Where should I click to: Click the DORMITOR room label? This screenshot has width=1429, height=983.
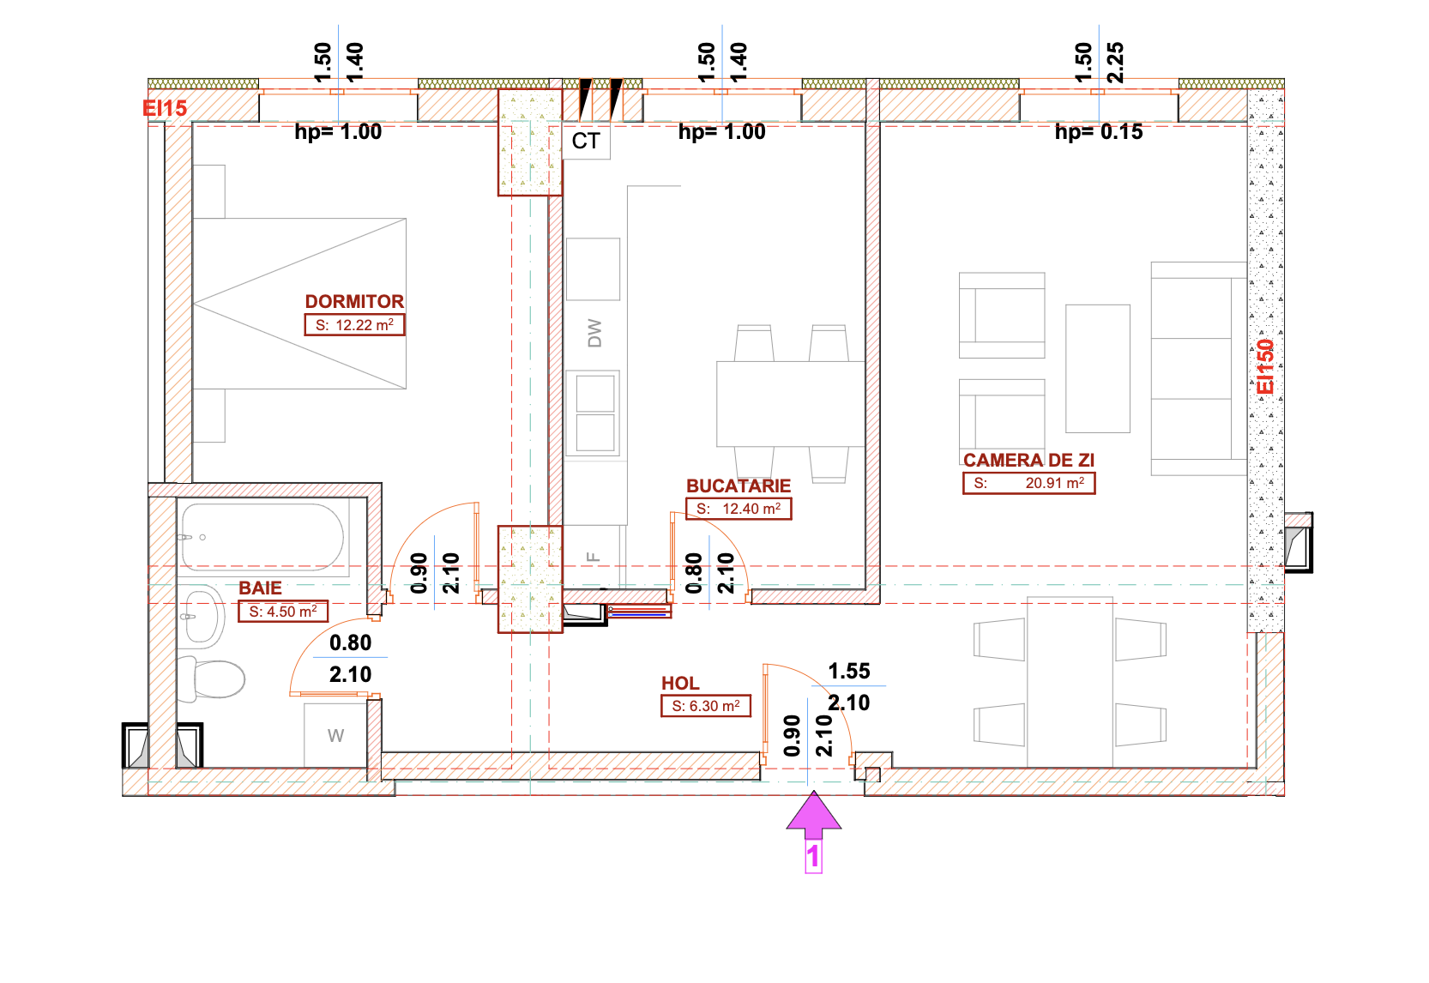[x=354, y=301]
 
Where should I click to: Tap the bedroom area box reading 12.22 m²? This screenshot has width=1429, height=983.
[x=354, y=325]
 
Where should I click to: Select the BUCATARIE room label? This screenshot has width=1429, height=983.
[x=739, y=485]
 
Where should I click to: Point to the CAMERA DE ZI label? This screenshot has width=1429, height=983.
[x=1028, y=460]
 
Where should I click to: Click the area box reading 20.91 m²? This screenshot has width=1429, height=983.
[x=1028, y=483]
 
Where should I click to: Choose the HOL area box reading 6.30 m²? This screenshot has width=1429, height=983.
[x=706, y=706]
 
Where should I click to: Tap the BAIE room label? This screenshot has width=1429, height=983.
[x=260, y=588]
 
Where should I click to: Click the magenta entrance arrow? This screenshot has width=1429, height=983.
[x=813, y=815]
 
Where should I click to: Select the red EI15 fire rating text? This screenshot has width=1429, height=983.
[x=165, y=108]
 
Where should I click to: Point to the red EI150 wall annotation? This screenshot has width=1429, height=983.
[x=1265, y=366]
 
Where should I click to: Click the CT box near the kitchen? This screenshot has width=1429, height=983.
[x=586, y=141]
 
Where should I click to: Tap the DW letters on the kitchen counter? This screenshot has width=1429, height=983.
[x=594, y=333]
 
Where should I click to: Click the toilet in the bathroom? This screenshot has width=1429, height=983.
[x=211, y=678]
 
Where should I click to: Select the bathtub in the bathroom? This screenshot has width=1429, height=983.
[x=262, y=536]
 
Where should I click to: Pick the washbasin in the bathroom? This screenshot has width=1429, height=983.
[x=202, y=617]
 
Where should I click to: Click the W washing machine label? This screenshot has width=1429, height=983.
[x=335, y=736]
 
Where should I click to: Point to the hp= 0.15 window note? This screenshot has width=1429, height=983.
[x=1099, y=132]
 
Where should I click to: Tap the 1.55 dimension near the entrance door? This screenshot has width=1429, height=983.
[x=848, y=671]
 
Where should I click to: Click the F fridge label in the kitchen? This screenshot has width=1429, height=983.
[x=594, y=557]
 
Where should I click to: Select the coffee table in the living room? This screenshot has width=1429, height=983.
[x=1097, y=368]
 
